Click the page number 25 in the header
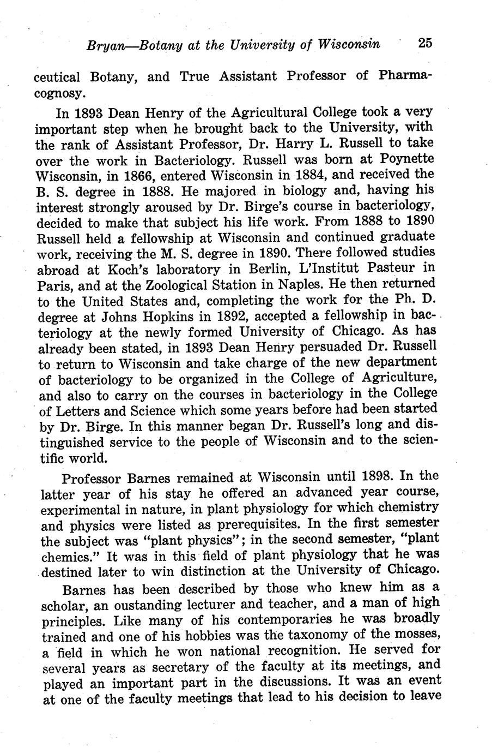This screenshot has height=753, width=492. click(425, 43)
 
